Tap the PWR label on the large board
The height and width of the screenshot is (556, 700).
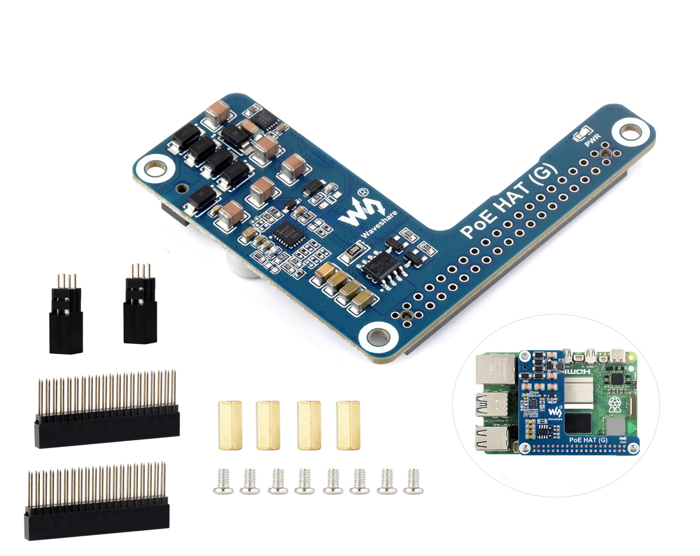pos(593,140)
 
